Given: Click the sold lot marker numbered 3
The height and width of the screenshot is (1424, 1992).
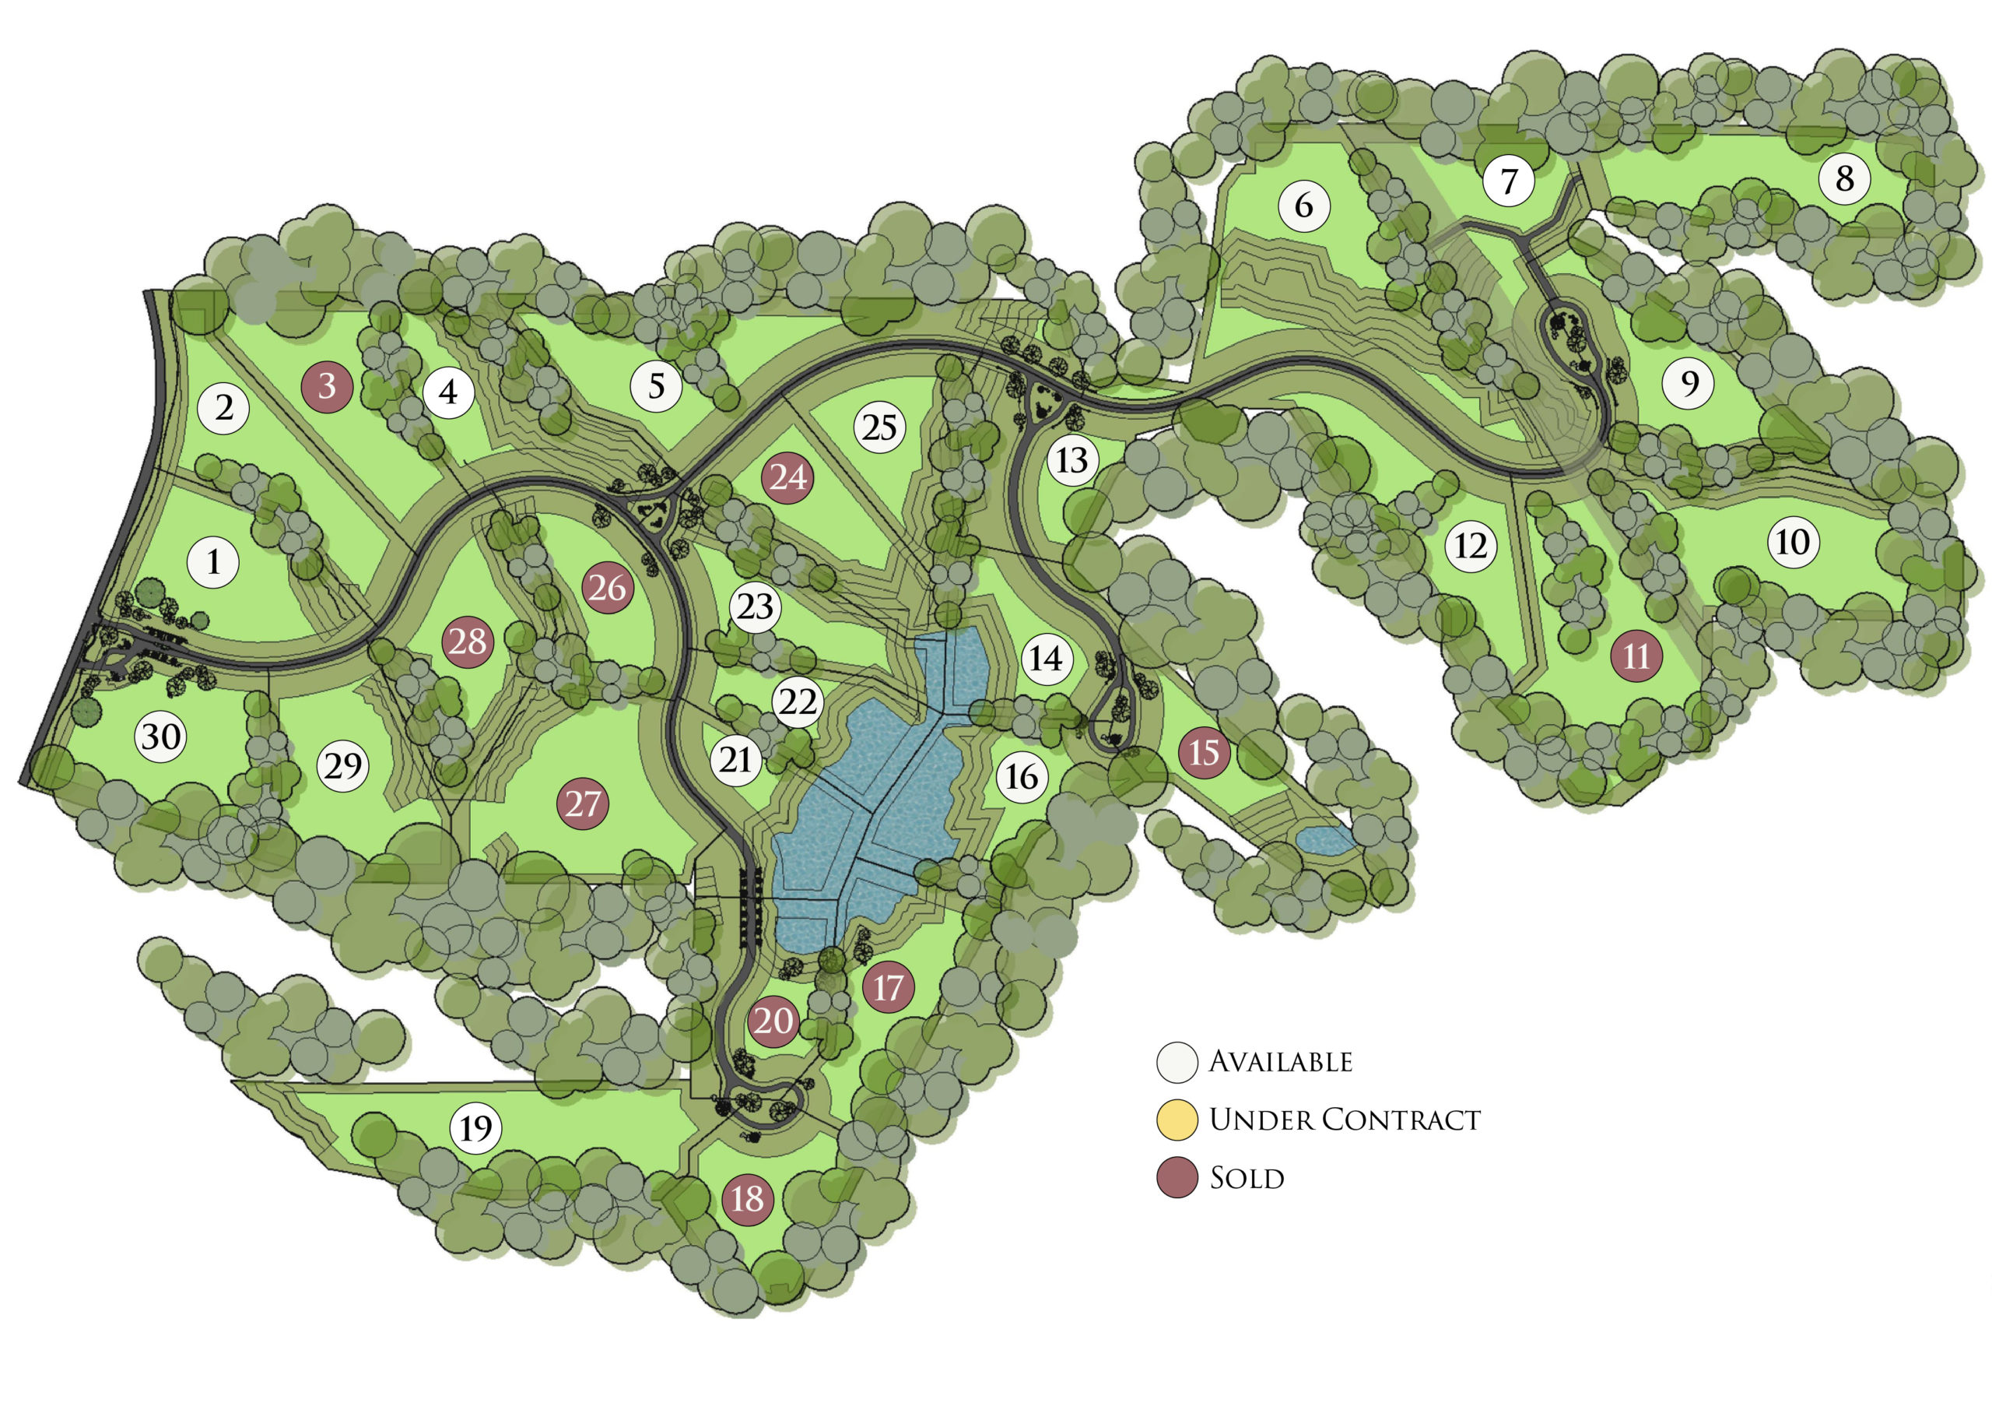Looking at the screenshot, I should pos(326,386).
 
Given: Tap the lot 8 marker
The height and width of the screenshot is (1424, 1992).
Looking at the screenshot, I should pos(1844,179).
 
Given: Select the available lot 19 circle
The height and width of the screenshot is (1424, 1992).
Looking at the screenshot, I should pos(476,1127).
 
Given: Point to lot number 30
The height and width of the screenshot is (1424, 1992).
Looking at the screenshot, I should pos(161,737).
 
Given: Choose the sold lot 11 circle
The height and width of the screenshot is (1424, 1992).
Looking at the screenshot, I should pos(1636,656).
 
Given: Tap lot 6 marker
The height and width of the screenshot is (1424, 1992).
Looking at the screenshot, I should pos(1304,206).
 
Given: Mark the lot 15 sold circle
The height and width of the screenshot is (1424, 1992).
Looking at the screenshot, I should pos(1203,751).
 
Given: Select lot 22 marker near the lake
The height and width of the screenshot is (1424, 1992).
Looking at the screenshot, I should pos(798,701).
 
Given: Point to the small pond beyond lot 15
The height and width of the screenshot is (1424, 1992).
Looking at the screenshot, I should pos(1324,840).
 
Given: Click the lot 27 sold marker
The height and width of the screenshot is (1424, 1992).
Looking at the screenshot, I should pos(583,803).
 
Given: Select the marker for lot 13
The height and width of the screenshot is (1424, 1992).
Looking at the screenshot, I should pos(1071,460).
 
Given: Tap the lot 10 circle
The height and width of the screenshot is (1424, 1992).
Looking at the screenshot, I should pos(1793,542).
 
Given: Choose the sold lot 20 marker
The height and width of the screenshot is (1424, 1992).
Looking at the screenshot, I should pos(773,1021).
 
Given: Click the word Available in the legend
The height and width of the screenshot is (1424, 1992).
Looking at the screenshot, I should pos(1280,1062).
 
